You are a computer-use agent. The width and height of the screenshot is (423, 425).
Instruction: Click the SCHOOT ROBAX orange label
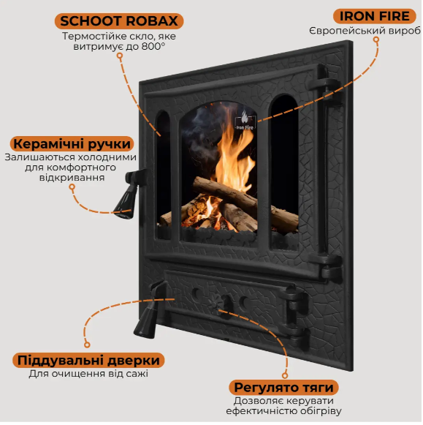pos(119,21)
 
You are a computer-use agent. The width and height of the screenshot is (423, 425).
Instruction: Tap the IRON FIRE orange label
pos(374,16)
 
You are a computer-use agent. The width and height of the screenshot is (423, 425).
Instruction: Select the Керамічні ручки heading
pos(72,143)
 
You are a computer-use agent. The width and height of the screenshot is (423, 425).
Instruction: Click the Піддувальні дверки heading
pos(88,360)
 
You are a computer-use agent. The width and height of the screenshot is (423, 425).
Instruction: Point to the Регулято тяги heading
pos(283,387)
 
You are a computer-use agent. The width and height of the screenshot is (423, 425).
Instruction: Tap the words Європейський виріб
pos(365,31)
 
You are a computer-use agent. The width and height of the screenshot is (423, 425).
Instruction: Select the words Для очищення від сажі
pos(88,374)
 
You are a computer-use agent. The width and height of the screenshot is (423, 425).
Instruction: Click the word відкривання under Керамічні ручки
pos(72,178)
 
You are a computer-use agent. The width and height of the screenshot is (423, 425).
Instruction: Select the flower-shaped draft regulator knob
pos(216,304)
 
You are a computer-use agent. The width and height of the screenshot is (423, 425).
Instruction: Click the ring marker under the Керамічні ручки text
pos(72,187)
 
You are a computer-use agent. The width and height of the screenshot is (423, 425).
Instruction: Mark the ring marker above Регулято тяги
pos(285,375)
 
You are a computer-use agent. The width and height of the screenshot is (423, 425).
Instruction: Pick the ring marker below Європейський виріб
pos(376,40)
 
